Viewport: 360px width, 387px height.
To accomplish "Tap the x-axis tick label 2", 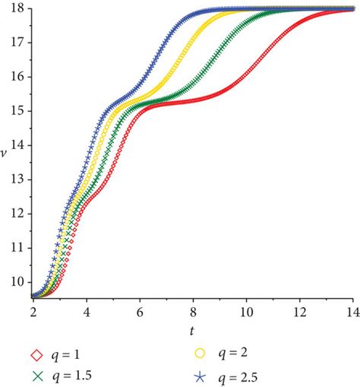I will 33,312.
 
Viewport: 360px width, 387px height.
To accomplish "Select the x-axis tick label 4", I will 87,312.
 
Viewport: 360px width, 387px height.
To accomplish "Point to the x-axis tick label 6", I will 140,312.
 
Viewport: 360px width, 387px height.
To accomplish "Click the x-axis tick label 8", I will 193,312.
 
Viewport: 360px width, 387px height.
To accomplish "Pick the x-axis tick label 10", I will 246,312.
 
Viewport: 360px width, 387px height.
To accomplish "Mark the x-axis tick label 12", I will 299,312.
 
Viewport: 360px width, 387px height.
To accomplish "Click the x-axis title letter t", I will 193,331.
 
